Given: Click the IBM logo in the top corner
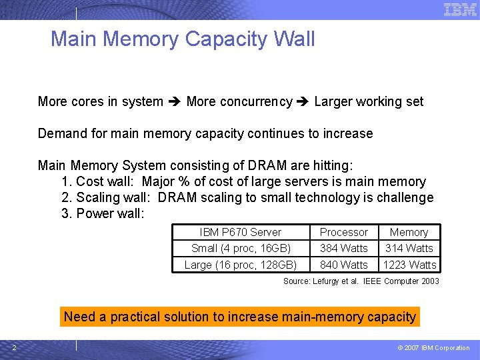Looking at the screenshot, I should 460,9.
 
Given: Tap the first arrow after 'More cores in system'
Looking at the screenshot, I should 175,102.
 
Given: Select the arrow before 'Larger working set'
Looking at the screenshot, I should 303,102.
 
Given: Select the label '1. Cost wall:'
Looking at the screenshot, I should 99,181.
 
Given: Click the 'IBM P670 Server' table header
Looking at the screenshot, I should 241,232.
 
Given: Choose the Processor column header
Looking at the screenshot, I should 343,232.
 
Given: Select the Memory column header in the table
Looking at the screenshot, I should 409,232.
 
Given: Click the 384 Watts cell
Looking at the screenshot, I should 343,248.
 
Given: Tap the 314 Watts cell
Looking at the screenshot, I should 409,248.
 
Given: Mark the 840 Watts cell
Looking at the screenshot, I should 343,265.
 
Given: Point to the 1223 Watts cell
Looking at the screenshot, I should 409,265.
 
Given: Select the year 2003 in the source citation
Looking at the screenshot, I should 431,281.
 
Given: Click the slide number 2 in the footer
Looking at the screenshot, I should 14,347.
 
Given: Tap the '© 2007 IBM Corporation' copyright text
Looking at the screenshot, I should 434,347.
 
